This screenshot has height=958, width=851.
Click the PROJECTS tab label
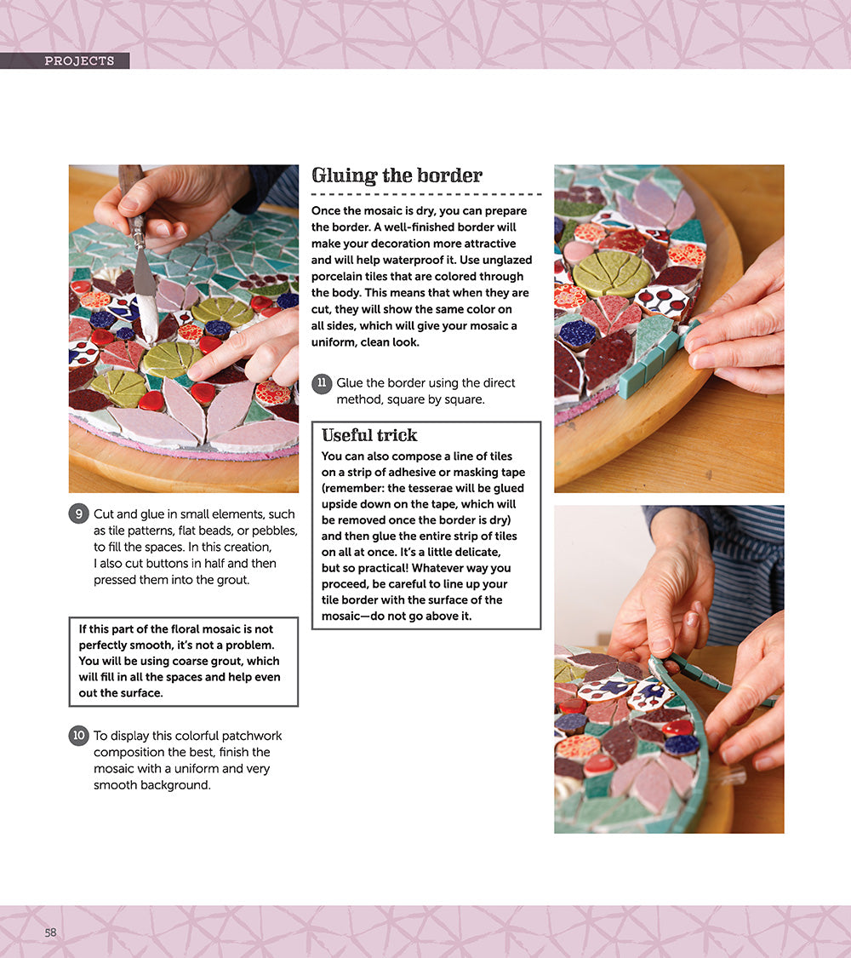(79, 61)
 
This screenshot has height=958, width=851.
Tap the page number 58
(51, 932)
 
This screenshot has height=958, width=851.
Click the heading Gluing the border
(397, 175)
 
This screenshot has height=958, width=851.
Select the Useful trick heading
(369, 435)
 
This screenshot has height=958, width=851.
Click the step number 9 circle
(78, 514)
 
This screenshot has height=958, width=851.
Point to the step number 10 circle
(78, 736)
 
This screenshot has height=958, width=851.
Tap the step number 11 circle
(322, 383)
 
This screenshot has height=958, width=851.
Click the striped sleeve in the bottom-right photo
(749, 562)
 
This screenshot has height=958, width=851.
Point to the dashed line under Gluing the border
(425, 194)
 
